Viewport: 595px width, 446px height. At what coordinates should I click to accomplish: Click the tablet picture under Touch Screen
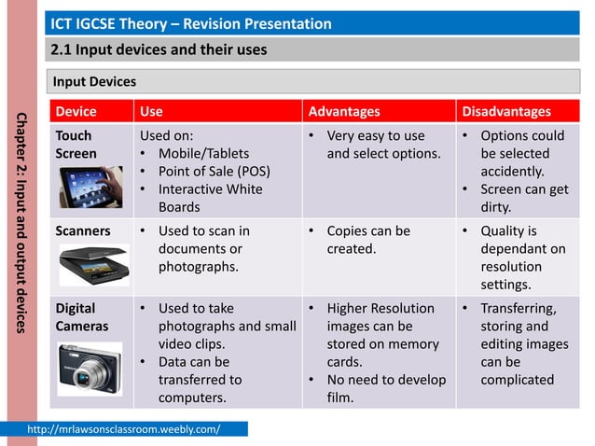[90, 187]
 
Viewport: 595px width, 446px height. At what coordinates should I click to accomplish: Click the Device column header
[76, 112]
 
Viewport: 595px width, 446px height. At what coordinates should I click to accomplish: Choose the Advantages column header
[344, 112]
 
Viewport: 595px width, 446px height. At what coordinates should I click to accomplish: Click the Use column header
[150, 112]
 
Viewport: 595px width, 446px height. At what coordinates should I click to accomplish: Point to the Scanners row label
[83, 230]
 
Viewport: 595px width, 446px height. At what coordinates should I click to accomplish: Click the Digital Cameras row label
[82, 317]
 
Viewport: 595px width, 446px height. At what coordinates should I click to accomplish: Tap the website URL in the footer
[137, 429]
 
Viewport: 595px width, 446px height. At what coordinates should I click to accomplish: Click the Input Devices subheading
[94, 82]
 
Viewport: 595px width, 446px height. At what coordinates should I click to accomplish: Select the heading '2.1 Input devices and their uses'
[159, 49]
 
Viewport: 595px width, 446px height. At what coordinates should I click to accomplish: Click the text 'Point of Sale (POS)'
[214, 172]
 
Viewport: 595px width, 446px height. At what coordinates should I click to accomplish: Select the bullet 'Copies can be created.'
[367, 240]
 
